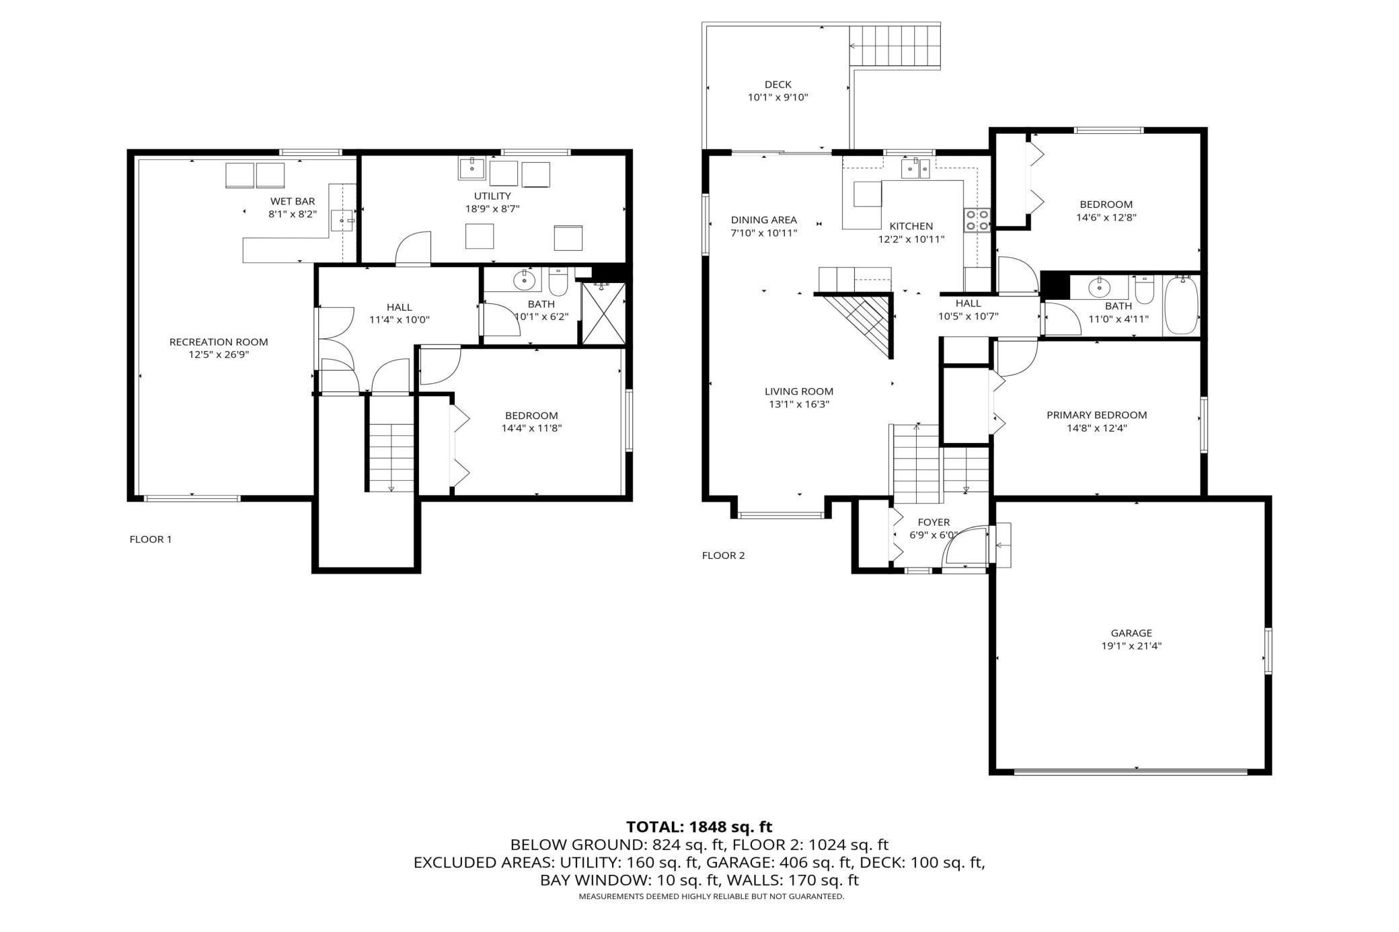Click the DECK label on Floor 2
click(x=778, y=85)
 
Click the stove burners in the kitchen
click(x=977, y=220)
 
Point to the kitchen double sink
click(x=915, y=168)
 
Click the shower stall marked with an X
click(x=603, y=313)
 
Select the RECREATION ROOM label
click(x=219, y=342)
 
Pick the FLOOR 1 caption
click(x=151, y=539)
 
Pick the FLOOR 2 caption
click(x=723, y=555)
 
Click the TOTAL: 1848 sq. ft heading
click(x=699, y=827)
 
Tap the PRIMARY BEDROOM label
click(x=1096, y=415)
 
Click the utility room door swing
click(x=413, y=248)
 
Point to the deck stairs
click(x=894, y=45)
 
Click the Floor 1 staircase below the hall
click(x=391, y=457)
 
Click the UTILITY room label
click(x=492, y=196)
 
